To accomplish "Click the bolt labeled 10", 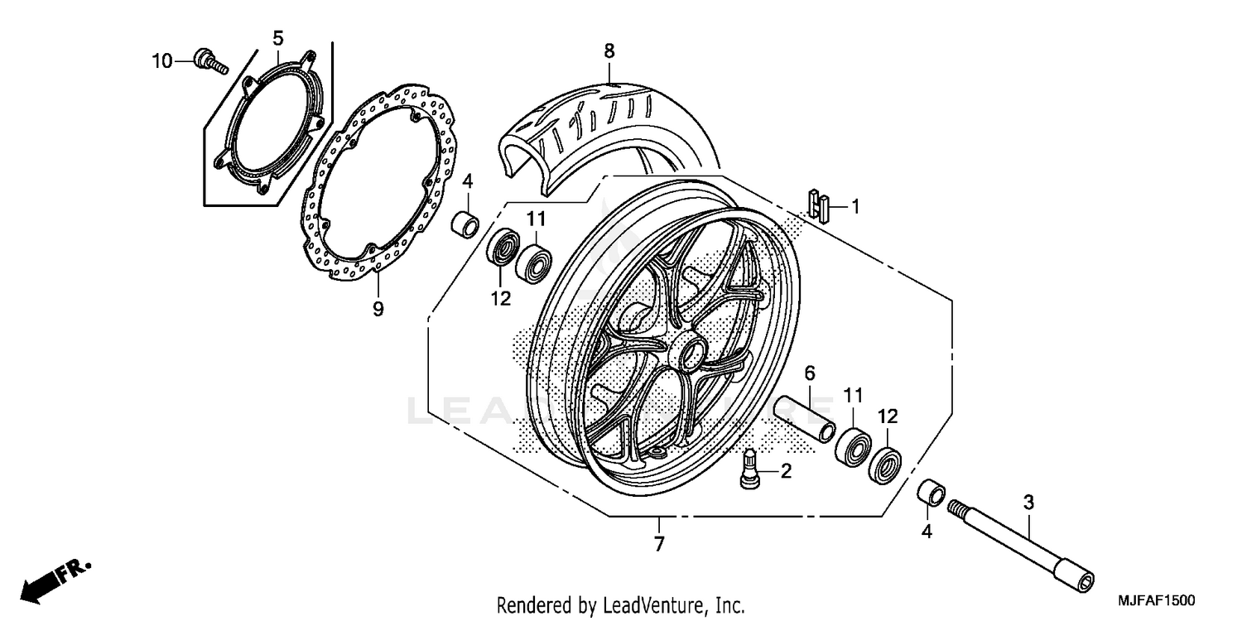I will (x=209, y=62).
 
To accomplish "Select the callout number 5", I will (x=278, y=37).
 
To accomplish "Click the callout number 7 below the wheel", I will (x=659, y=544).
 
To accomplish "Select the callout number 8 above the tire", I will (x=609, y=51).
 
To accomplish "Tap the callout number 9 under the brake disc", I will (x=378, y=309).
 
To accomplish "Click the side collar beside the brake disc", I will (x=465, y=224).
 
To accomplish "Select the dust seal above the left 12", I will (x=502, y=247).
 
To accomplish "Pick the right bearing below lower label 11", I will (x=852, y=448).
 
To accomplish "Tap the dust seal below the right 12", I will (x=885, y=465).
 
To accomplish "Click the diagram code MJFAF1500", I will (x=1156, y=598).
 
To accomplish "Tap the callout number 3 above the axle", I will (x=1028, y=503).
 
